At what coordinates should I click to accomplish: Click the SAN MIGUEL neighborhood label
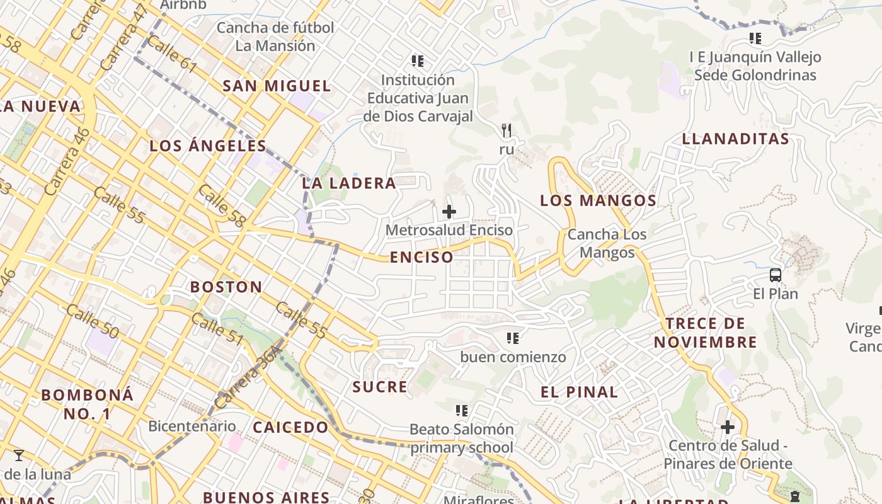pyautogui.click(x=277, y=86)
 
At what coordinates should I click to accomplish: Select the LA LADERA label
pyautogui.click(x=349, y=183)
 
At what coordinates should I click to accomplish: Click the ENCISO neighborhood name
pyautogui.click(x=421, y=257)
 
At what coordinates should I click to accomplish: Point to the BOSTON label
pyautogui.click(x=226, y=287)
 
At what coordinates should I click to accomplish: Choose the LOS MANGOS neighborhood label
pyautogui.click(x=598, y=201)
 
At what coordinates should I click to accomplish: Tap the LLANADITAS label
pyautogui.click(x=736, y=139)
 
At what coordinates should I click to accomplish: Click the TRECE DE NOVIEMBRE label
pyautogui.click(x=705, y=333)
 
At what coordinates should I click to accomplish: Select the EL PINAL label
pyautogui.click(x=579, y=392)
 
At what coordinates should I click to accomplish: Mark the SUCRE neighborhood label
pyautogui.click(x=380, y=387)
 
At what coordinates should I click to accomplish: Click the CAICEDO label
pyautogui.click(x=290, y=427)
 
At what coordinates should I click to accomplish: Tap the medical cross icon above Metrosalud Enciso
pyautogui.click(x=449, y=212)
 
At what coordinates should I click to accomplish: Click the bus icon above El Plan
pyautogui.click(x=776, y=275)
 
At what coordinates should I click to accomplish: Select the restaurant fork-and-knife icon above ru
pyautogui.click(x=507, y=130)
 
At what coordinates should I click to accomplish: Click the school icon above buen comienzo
pyautogui.click(x=513, y=338)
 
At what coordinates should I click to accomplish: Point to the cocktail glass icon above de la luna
pyautogui.click(x=19, y=455)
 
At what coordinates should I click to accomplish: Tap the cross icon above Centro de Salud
pyautogui.click(x=728, y=427)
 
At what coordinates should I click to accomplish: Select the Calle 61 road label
pyautogui.click(x=171, y=54)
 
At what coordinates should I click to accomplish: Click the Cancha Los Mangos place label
pyautogui.click(x=607, y=244)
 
